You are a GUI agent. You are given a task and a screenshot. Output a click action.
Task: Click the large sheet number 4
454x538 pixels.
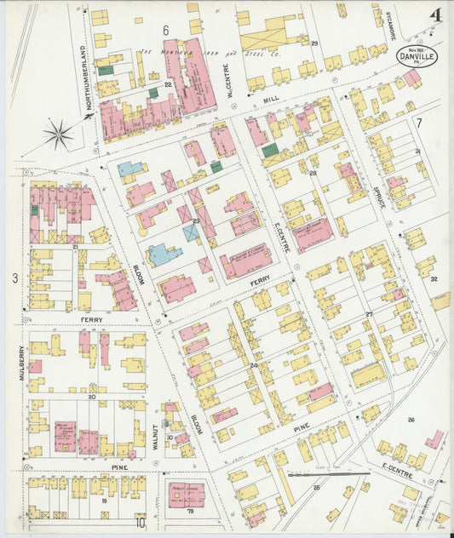435,16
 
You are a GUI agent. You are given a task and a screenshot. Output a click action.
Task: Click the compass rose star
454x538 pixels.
59,133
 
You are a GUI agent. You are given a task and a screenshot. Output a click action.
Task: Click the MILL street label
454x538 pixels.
272,100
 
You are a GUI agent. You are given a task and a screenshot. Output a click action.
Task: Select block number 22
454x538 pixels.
169,85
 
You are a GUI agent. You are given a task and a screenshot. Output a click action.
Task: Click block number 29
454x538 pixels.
314,43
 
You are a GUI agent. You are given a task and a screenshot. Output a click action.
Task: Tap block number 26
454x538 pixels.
410,420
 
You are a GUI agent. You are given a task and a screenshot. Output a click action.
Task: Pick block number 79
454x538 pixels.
190,511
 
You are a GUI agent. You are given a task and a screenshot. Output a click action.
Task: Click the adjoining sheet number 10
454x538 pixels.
140,524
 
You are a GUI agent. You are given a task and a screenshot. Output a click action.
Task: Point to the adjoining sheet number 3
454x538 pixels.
14,278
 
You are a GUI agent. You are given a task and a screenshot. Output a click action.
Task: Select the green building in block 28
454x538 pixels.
270,151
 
